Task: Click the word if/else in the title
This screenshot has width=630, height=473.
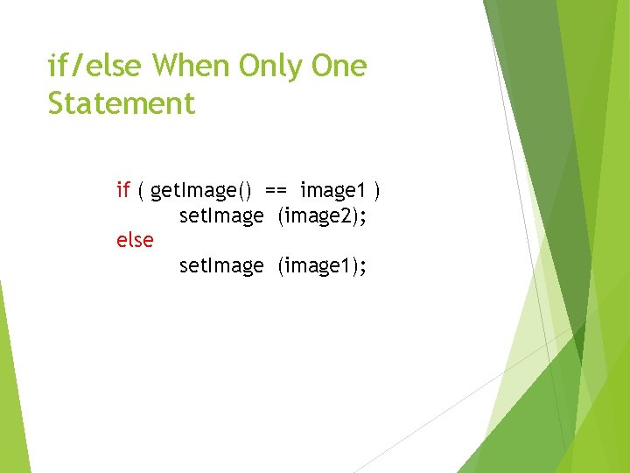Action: coord(96,66)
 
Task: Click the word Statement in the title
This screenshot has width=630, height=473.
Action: coord(122,103)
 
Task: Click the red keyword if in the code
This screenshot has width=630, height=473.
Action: coord(123,189)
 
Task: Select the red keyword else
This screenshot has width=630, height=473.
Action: coord(135,239)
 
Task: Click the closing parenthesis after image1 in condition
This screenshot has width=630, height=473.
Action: coord(377,190)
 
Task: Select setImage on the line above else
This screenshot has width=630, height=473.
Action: coord(220,215)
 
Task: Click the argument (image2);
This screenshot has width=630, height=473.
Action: coord(321,215)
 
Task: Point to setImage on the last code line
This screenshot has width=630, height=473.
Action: coord(220,265)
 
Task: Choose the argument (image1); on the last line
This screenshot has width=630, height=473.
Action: coord(321,265)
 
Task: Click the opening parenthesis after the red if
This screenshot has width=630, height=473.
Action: coord(142,190)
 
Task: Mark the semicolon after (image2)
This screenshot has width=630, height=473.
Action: coord(362,216)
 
